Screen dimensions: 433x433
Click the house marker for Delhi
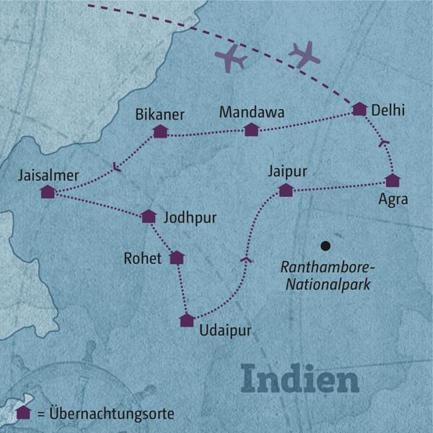point(359,109)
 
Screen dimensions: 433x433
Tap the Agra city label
point(393,201)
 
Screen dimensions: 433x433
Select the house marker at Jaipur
point(286,190)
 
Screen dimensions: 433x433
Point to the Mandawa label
point(252,113)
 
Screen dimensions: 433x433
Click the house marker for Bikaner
point(160,131)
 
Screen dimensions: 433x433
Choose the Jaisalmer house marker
point(48,191)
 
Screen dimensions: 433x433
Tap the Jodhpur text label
point(190,216)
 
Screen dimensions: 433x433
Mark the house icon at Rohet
point(176,258)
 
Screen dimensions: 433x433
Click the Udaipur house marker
point(187,320)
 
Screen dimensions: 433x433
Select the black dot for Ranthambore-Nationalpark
point(326,245)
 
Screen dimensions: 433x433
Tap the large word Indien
point(299,380)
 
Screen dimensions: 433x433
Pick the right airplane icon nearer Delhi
point(304,53)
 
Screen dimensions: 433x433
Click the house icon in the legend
point(23,414)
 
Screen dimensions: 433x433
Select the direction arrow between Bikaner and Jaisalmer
point(116,170)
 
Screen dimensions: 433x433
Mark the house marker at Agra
point(392,180)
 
